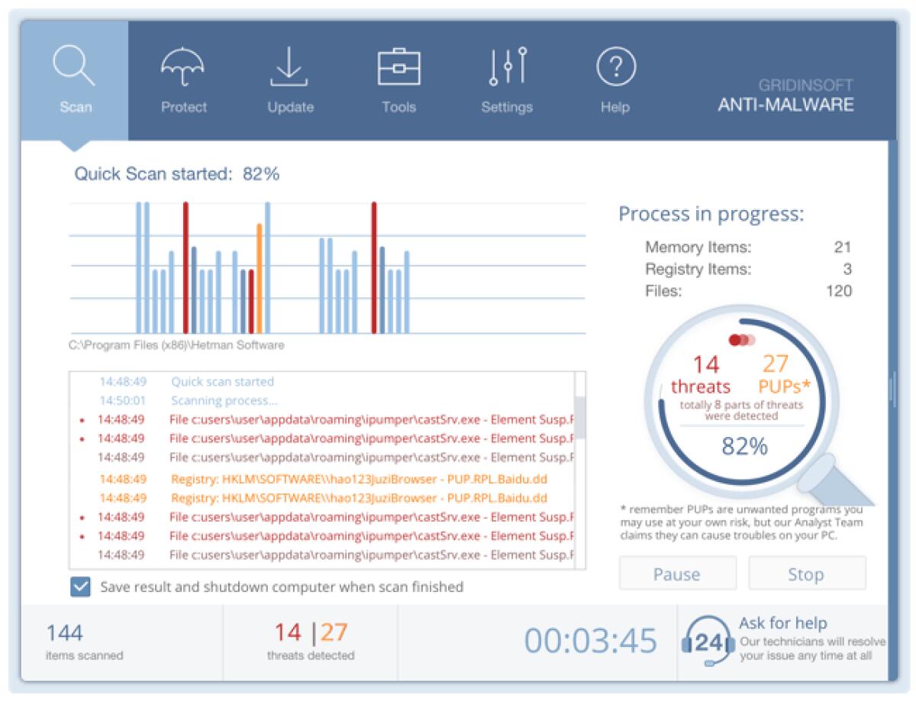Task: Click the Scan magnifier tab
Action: point(75,80)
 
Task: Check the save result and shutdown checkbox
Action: point(79,587)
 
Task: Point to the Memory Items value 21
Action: point(842,247)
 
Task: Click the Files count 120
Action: point(838,291)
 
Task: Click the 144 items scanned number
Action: point(64,633)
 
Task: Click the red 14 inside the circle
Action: point(706,364)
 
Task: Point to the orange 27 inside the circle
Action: point(775,364)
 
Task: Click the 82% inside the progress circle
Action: point(744,447)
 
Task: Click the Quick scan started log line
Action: point(222,381)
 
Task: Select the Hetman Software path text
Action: point(176,345)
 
